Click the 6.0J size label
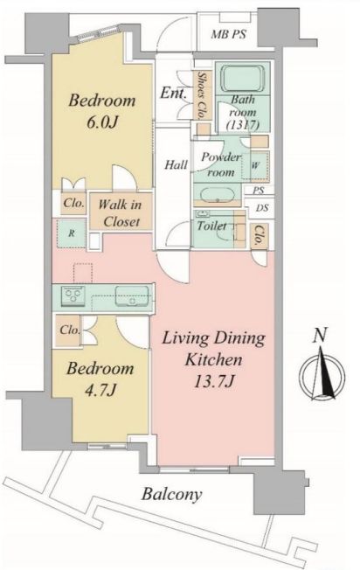pos(102,122)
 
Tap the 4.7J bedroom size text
pos(100,391)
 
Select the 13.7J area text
pos(213,381)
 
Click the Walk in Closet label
pos(121,213)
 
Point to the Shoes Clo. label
pos(201,94)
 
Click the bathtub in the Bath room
pos(243,79)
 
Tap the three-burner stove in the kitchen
pos(73,294)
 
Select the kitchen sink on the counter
pos(132,296)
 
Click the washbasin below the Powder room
pos(218,195)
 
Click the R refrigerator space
pos(72,233)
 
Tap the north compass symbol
pos(322,374)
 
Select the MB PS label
pos(229,35)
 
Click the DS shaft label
pos(262,208)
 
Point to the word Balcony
pos(171,495)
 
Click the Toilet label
pos(211,226)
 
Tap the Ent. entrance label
pos(174,93)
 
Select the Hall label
pos(176,164)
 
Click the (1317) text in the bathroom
pos(242,125)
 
